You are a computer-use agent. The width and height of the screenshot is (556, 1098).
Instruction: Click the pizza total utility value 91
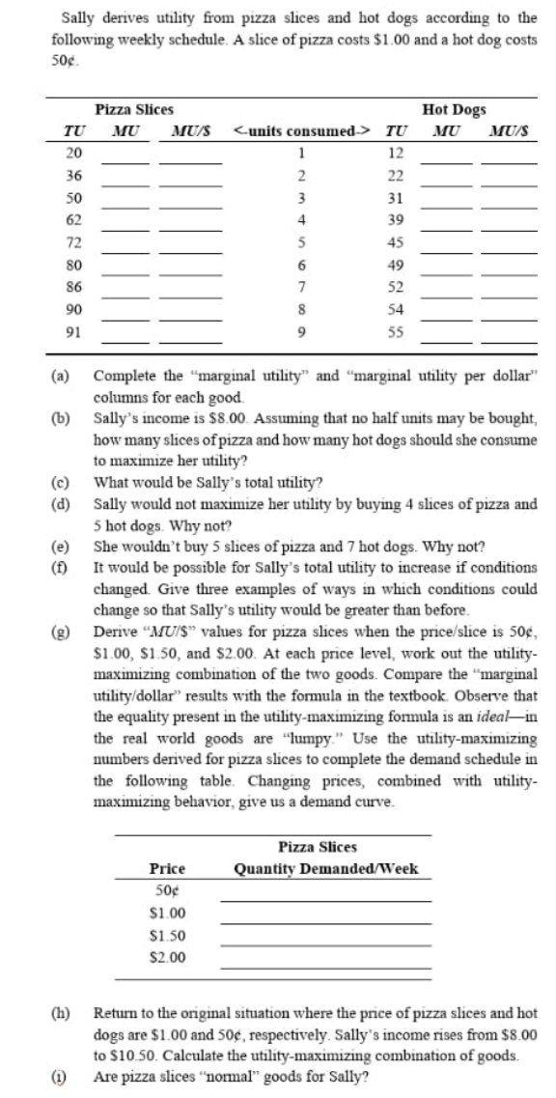73,331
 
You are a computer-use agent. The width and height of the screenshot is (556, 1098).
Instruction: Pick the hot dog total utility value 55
395,331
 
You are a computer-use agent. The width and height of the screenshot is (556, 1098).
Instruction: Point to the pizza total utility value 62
73,220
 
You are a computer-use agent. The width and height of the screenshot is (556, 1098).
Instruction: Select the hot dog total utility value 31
395,198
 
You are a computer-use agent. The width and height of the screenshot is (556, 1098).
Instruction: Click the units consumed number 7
301,287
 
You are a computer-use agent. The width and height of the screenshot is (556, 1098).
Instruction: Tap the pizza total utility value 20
73,154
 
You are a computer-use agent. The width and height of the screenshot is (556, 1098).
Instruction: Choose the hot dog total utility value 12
395,154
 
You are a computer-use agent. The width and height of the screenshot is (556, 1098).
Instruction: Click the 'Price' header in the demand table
167,868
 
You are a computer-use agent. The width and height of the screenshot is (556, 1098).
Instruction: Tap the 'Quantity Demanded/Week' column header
326,868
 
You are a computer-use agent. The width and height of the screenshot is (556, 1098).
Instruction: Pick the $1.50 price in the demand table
167,935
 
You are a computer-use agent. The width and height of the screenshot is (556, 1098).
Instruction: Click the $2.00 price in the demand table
167,957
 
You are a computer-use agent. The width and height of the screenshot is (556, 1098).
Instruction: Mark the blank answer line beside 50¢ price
324,898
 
